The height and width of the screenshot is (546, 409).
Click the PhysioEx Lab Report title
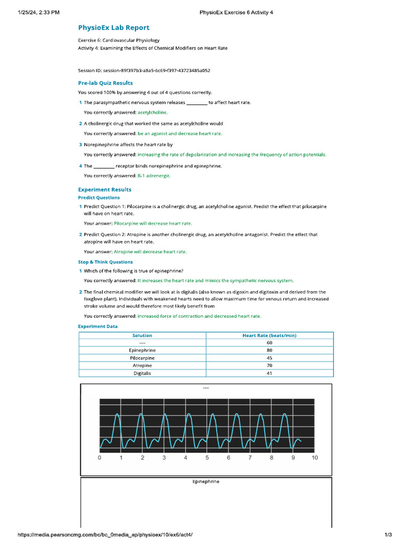(113, 28)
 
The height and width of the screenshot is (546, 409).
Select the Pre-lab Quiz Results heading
(105, 83)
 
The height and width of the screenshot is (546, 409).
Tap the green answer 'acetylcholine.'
(152, 113)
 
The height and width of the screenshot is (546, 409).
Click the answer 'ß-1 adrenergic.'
(154, 175)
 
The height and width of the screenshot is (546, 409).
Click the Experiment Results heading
(104, 190)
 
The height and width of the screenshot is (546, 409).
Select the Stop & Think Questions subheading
(105, 262)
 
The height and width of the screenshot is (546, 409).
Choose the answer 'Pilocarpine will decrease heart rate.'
(153, 223)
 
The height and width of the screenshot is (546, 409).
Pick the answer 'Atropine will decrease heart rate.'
(150, 252)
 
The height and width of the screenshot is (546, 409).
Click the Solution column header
(142, 335)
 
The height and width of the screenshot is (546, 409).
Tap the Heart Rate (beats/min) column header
(269, 335)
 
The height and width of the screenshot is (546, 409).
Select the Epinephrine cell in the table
(142, 350)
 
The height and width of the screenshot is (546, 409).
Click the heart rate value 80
(269, 350)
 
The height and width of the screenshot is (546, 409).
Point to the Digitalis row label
(142, 374)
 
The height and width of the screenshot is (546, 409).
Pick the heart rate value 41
(269, 374)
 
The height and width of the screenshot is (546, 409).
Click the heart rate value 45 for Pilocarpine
(269, 358)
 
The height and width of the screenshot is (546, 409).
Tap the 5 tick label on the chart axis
(207, 457)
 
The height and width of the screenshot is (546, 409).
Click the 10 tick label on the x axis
(314, 457)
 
